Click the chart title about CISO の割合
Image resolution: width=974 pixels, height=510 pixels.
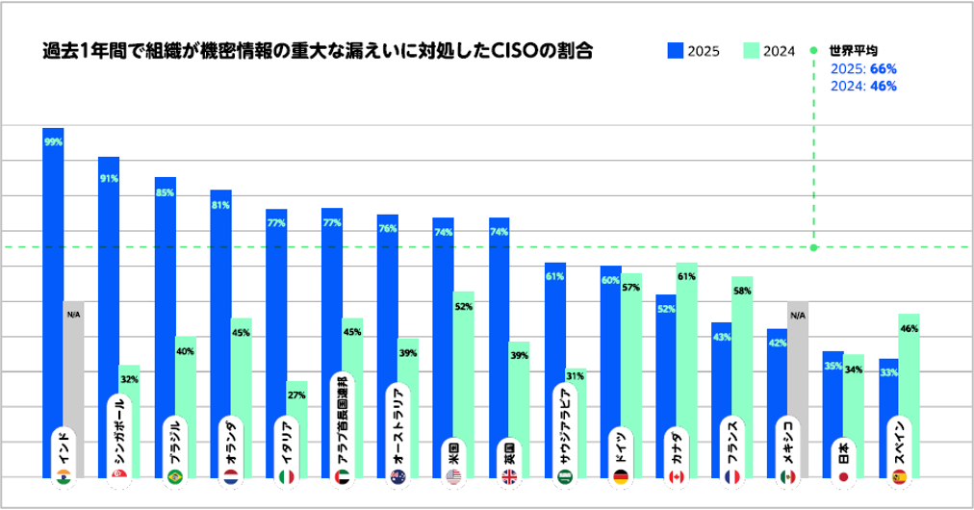[317, 51]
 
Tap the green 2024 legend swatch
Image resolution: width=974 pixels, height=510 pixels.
[752, 51]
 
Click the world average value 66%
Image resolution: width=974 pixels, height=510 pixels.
[883, 68]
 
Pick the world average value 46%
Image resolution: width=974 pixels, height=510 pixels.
[883, 86]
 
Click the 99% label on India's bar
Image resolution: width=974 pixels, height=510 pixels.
[53, 141]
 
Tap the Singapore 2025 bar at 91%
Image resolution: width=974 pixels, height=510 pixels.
[109, 289]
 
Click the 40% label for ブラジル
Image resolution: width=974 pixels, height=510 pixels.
[186, 351]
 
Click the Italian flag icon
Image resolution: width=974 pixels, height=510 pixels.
[286, 476]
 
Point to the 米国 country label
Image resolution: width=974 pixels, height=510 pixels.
[453, 450]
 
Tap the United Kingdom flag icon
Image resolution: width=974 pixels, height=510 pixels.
[509, 476]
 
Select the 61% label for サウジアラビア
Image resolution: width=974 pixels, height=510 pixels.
[554, 277]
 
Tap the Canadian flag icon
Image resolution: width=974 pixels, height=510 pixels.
[676, 476]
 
